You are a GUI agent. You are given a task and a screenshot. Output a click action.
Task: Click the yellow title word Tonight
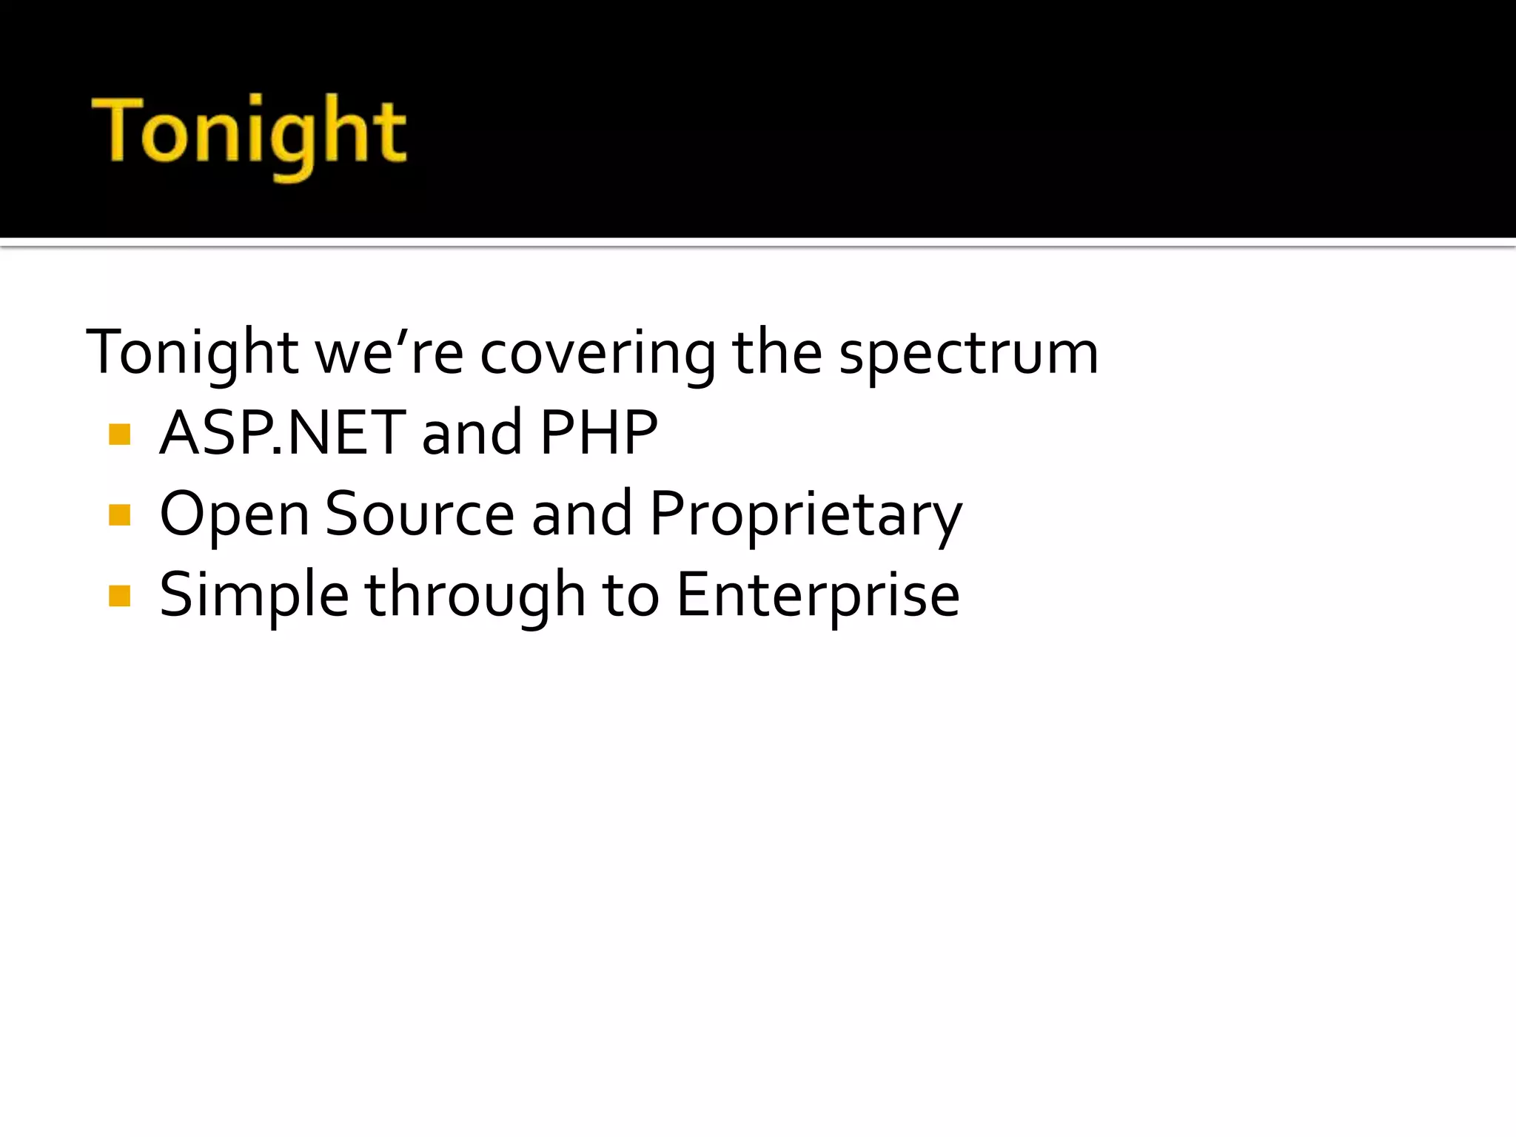(x=249, y=133)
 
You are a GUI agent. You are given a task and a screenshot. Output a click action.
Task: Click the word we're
(x=389, y=353)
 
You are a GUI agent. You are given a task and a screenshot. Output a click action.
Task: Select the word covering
(x=598, y=353)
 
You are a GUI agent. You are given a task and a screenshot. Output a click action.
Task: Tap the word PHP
(x=599, y=433)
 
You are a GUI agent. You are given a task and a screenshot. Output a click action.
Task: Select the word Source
(x=420, y=514)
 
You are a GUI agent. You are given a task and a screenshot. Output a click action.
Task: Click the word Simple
(x=254, y=597)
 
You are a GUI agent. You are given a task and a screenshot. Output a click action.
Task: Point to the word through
(x=476, y=597)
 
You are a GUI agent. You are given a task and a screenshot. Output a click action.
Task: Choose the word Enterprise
(x=818, y=597)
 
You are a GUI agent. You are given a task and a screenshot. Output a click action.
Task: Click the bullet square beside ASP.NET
(x=119, y=434)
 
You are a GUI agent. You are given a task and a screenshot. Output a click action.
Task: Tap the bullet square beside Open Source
(x=119, y=514)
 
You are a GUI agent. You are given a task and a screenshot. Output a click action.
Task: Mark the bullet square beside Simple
(x=119, y=596)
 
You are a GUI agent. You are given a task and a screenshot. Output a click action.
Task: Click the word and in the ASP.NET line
(x=472, y=433)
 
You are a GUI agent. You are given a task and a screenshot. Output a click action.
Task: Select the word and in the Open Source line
(x=582, y=514)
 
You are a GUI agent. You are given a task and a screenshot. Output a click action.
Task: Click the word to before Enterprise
(x=630, y=596)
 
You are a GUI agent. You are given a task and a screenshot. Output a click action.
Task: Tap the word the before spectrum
(x=777, y=353)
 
